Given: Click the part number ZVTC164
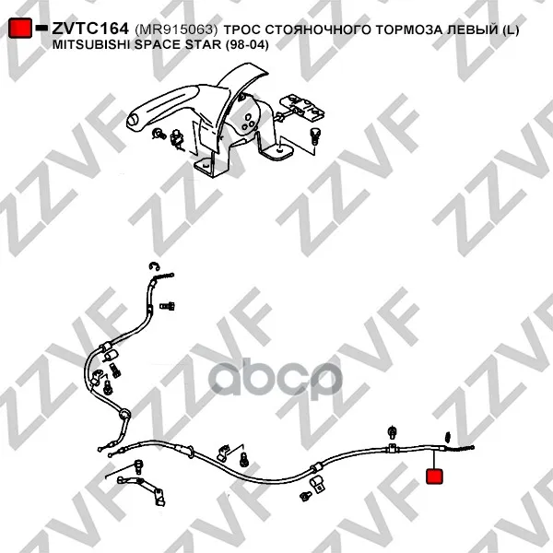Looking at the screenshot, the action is (x=90, y=29).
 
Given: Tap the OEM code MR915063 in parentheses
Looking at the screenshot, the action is (x=176, y=29).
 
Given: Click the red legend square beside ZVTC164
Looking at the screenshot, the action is (x=20, y=28).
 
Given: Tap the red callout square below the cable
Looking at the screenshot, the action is (x=434, y=477).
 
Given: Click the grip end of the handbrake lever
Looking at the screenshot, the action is (x=135, y=120).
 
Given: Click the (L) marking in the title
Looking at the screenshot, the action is (x=510, y=30).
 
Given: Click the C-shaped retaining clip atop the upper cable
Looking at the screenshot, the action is (x=154, y=267).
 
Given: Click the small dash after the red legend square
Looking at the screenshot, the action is (x=41, y=27).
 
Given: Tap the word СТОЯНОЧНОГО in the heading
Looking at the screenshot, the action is (x=318, y=30).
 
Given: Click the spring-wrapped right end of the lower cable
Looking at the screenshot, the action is (x=460, y=448).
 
